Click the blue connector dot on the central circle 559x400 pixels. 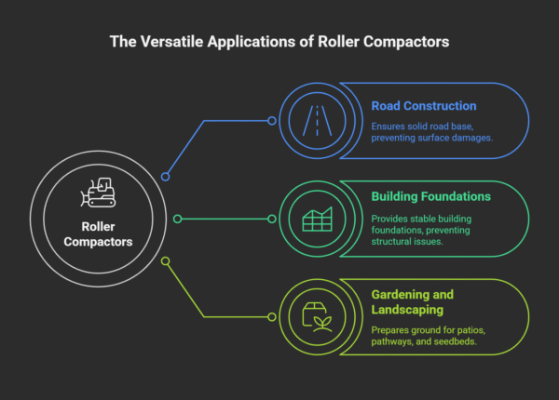coord(165,176)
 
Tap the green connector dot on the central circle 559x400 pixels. coord(175,219)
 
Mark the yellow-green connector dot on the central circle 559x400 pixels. coord(165,261)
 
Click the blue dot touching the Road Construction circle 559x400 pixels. coord(272,120)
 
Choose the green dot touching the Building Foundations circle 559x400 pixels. coord(272,219)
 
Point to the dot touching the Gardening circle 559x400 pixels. coord(272,317)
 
